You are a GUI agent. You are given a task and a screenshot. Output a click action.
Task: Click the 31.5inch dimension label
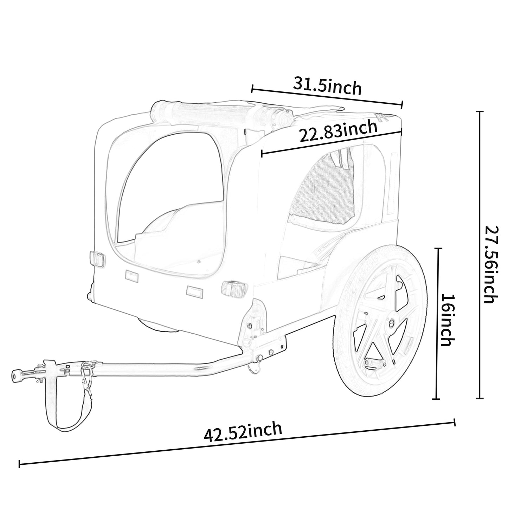pos(327,86)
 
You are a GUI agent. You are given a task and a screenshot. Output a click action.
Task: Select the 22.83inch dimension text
pos(338,130)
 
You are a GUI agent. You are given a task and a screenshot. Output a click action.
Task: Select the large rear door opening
pos(169,197)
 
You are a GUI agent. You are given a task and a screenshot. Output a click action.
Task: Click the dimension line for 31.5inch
pos(327,96)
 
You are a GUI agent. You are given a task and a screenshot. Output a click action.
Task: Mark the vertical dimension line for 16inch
pos(437,323)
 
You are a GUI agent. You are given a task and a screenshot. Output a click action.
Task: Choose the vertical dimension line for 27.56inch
pos(480,255)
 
